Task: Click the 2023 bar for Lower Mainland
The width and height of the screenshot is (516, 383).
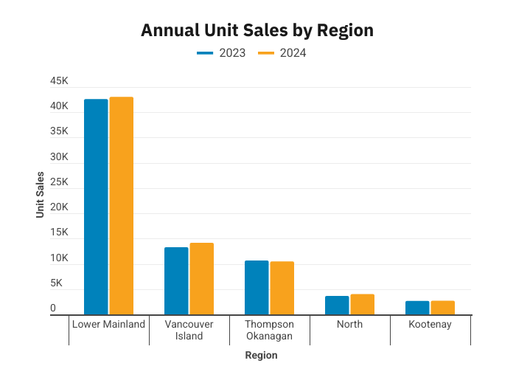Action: click(x=96, y=207)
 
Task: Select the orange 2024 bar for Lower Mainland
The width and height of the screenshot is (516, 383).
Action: click(x=122, y=206)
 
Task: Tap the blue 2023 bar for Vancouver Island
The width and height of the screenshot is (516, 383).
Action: click(x=176, y=281)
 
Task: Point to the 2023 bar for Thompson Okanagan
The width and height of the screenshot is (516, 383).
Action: click(x=257, y=288)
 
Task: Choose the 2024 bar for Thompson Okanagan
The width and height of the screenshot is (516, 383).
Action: click(x=282, y=289)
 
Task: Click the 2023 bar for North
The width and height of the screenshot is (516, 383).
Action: click(x=337, y=306)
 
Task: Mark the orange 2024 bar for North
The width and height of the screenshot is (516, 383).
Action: click(x=363, y=305)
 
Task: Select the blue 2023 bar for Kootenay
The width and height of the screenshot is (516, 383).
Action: click(x=417, y=308)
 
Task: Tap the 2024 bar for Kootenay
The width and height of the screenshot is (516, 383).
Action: click(x=443, y=308)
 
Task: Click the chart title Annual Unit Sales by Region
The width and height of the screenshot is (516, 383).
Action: click(x=257, y=30)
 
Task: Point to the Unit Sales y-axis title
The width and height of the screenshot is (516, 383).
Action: click(x=40, y=195)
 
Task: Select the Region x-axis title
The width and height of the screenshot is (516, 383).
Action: click(x=261, y=356)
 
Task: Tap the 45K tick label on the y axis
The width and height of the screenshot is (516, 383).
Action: click(x=59, y=81)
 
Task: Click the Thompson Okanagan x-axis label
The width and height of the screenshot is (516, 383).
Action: click(x=269, y=330)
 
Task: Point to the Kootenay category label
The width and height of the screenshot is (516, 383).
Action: click(x=430, y=325)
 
